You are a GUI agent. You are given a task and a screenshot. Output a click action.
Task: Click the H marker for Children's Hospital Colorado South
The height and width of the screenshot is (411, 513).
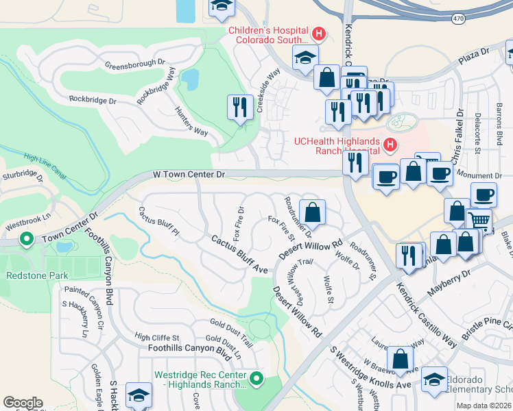[x=318, y=32]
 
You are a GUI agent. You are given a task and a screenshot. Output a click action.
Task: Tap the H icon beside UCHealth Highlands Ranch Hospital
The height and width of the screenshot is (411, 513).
[x=390, y=145]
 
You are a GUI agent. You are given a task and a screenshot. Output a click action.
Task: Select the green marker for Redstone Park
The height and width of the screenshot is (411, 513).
[x=27, y=240]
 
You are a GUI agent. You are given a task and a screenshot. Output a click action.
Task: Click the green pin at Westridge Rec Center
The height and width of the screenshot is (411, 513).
[x=256, y=377]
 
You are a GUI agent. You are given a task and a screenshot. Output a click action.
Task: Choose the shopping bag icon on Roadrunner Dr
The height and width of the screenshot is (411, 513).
[x=312, y=212]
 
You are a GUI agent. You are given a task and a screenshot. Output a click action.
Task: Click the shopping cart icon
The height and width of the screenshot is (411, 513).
[x=479, y=221]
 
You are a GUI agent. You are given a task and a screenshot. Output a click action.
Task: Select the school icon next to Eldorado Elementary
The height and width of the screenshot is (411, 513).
[x=434, y=379]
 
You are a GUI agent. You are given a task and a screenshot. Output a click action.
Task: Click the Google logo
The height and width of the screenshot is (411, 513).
[x=23, y=403]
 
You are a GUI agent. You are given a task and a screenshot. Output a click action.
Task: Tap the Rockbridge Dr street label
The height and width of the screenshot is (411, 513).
[x=93, y=100]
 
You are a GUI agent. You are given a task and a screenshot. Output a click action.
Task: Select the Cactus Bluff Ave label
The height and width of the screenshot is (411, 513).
[x=239, y=254]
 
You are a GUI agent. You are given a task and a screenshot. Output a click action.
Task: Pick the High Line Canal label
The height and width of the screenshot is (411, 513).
[x=45, y=166]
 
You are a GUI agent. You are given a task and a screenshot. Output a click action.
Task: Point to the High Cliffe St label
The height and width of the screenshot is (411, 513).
[x=156, y=337]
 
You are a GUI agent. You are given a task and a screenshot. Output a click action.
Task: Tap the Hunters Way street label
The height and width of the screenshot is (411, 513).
[x=191, y=121]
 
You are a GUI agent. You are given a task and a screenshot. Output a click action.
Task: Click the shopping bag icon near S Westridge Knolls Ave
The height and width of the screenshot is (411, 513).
[x=400, y=359]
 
